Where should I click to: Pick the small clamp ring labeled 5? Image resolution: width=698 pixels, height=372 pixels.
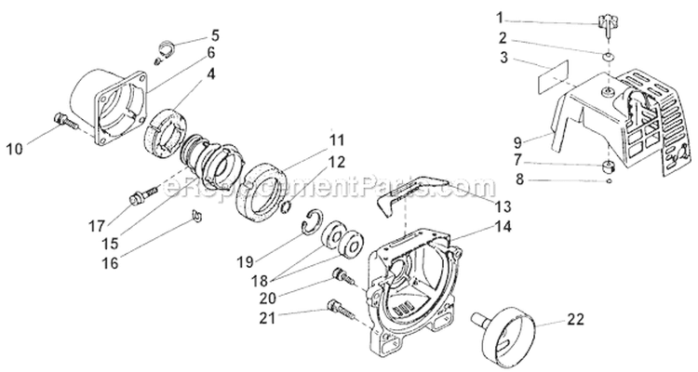pos(163,41)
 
